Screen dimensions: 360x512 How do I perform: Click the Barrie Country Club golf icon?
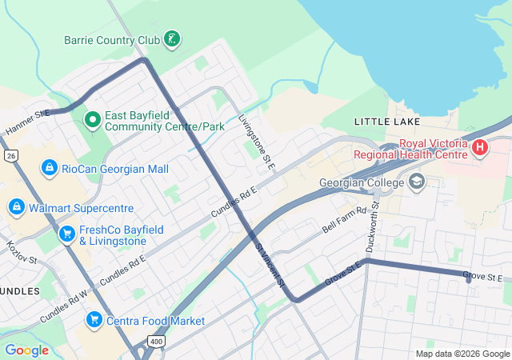pos(172,38)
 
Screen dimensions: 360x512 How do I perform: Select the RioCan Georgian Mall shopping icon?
pos(50,167)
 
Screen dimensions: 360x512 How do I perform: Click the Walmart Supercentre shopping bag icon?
pos(16,207)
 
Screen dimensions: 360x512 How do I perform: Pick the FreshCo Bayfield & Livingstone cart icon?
pos(66,235)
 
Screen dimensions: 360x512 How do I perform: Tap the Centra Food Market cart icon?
pos(94,320)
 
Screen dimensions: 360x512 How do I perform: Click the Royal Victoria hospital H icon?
pos(479,147)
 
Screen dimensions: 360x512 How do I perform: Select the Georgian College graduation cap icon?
pos(416,182)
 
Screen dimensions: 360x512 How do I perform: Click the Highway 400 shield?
pos(156,342)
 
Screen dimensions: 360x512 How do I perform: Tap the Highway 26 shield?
pos(10,154)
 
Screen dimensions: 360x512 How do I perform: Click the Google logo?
pos(26,350)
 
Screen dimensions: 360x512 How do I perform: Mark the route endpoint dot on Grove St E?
pos(469,279)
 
